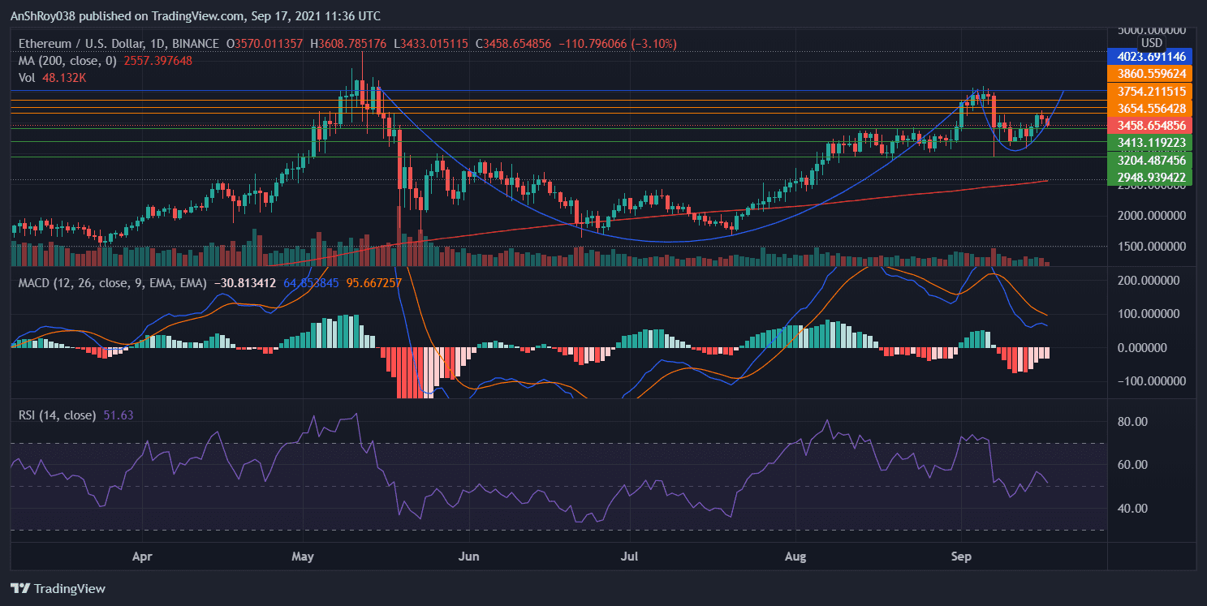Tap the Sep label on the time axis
(961, 557)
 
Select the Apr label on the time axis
(143, 557)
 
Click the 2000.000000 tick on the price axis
(1152, 216)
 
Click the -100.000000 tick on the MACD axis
(1153, 381)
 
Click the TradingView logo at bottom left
(58, 588)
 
